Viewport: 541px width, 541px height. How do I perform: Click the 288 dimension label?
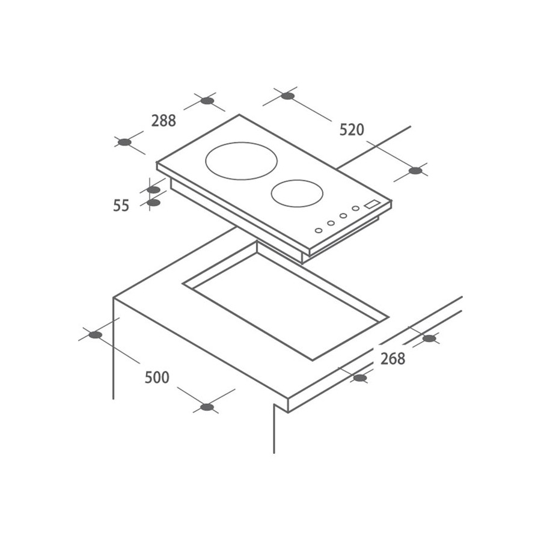[164, 120]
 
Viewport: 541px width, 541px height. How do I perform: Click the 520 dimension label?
[352, 130]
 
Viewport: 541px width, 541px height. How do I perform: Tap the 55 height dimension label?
[121, 206]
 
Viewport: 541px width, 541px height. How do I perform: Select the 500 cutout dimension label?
[157, 377]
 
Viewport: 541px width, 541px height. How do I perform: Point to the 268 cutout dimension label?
[393, 359]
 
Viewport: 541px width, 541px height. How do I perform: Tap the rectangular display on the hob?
[372, 204]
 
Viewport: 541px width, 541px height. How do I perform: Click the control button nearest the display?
[355, 209]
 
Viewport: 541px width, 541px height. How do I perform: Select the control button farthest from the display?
[319, 230]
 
